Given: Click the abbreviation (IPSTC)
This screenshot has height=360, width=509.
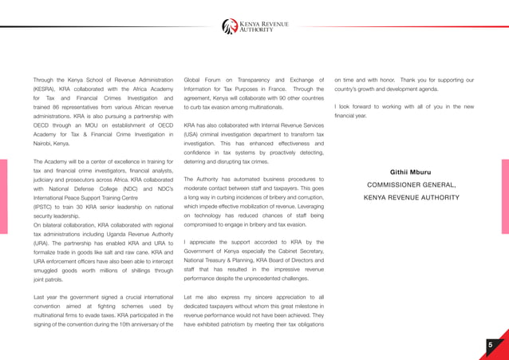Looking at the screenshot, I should pyautogui.click(x=45, y=206).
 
